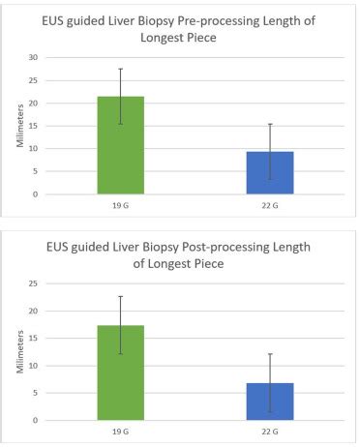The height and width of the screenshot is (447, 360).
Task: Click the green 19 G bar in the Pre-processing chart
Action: [x=121, y=145]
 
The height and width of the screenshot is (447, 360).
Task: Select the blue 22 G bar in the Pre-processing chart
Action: [x=270, y=173]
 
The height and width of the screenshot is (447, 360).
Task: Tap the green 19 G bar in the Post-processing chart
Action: [x=121, y=372]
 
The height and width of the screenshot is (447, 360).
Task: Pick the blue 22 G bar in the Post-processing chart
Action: [x=270, y=402]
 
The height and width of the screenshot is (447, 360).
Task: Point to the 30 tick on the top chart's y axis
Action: [x=34, y=57]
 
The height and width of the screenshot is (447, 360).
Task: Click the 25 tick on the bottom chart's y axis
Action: [x=34, y=283]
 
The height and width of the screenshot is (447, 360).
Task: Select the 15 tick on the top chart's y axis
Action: [x=34, y=126]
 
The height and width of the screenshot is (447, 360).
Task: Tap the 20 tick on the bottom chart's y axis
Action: [x=34, y=312]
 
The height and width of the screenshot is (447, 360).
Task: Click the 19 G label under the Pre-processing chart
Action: [x=121, y=205]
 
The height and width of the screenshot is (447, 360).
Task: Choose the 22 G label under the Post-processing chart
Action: [x=270, y=432]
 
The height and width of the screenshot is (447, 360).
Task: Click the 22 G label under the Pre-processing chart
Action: [x=270, y=205]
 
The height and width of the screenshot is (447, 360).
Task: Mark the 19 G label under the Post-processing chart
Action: [x=121, y=432]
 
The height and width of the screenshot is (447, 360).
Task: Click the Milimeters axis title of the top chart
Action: [x=20, y=126]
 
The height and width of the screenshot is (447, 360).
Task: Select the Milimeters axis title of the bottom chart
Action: [x=20, y=352]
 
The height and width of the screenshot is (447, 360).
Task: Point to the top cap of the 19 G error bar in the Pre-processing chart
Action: [x=121, y=69]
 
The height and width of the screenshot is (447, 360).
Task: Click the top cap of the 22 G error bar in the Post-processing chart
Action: [x=270, y=354]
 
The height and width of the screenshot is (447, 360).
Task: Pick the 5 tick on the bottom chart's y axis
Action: [x=35, y=393]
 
